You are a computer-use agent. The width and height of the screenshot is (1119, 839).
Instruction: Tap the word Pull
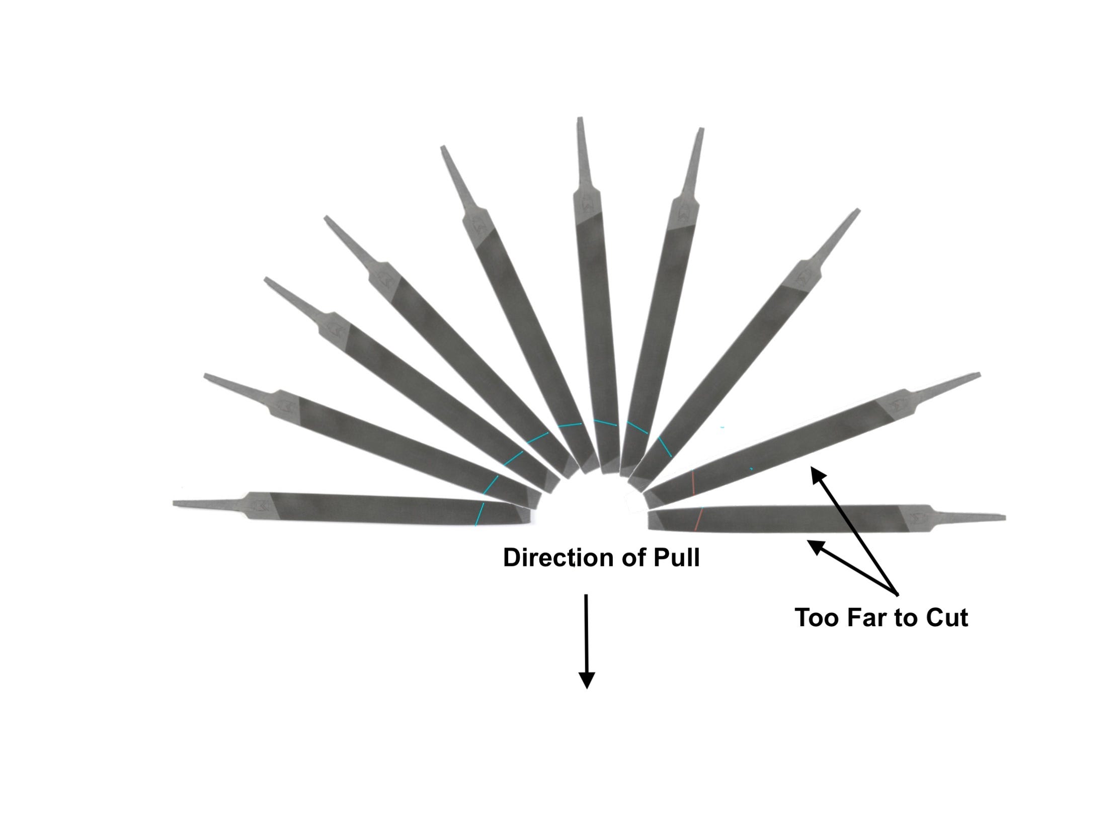tap(676, 558)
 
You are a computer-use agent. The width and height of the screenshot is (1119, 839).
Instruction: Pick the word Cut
tap(947, 618)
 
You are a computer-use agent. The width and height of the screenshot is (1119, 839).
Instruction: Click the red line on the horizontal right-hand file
tap(699, 519)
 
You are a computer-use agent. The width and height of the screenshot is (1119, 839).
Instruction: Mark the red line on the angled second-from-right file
tap(693, 482)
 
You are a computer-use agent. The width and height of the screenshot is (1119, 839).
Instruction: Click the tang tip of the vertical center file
tap(580, 119)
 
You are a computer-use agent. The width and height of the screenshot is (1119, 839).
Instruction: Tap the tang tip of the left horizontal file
tap(175, 503)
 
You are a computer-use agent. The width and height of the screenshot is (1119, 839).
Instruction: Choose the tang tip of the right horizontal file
tap(1004, 518)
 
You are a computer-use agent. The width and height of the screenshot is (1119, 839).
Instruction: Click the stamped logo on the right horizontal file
tap(917, 519)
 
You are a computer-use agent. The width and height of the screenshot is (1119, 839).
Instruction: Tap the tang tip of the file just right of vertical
tap(701, 130)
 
